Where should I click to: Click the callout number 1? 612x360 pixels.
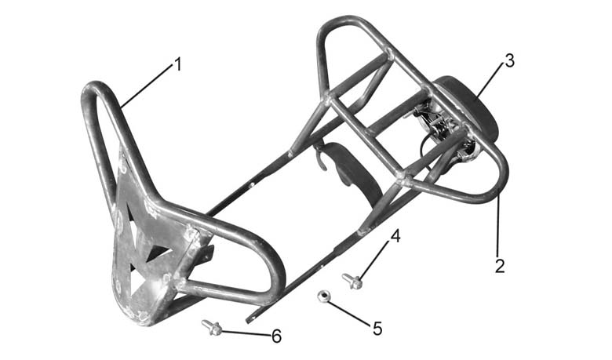[178, 64]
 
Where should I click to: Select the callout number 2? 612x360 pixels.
[500, 266]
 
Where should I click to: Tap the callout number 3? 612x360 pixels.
[510, 61]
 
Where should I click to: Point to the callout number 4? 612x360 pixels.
[395, 236]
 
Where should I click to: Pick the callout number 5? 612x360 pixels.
[377, 329]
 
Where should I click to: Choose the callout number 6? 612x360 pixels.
[276, 336]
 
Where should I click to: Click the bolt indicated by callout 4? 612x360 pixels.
[352, 281]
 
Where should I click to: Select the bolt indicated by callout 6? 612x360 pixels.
[212, 328]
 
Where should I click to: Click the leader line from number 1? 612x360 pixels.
[147, 85]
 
